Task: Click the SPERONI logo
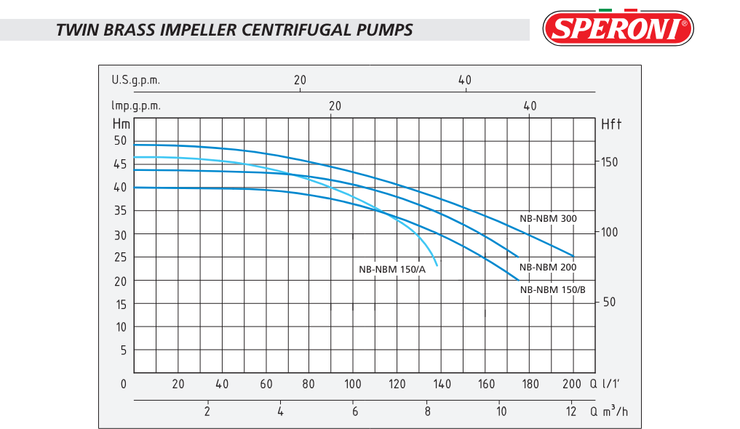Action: [618, 28]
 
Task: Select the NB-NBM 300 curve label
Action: [548, 218]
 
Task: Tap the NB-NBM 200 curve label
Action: [548, 267]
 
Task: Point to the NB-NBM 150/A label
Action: [392, 269]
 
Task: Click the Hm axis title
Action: [121, 124]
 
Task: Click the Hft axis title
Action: [612, 124]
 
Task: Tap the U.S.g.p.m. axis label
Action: [136, 79]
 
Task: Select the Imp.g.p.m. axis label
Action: [136, 105]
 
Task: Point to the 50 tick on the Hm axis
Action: [120, 140]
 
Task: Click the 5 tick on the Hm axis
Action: [123, 350]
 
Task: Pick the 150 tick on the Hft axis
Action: [609, 162]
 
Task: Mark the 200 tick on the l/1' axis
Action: [572, 384]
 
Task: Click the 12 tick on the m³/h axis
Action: [571, 412]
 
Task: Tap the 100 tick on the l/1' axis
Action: [353, 384]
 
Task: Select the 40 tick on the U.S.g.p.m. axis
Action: [465, 79]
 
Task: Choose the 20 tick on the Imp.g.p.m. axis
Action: [335, 105]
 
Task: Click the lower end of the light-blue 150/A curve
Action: [437, 266]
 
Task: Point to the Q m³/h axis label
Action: [608, 412]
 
